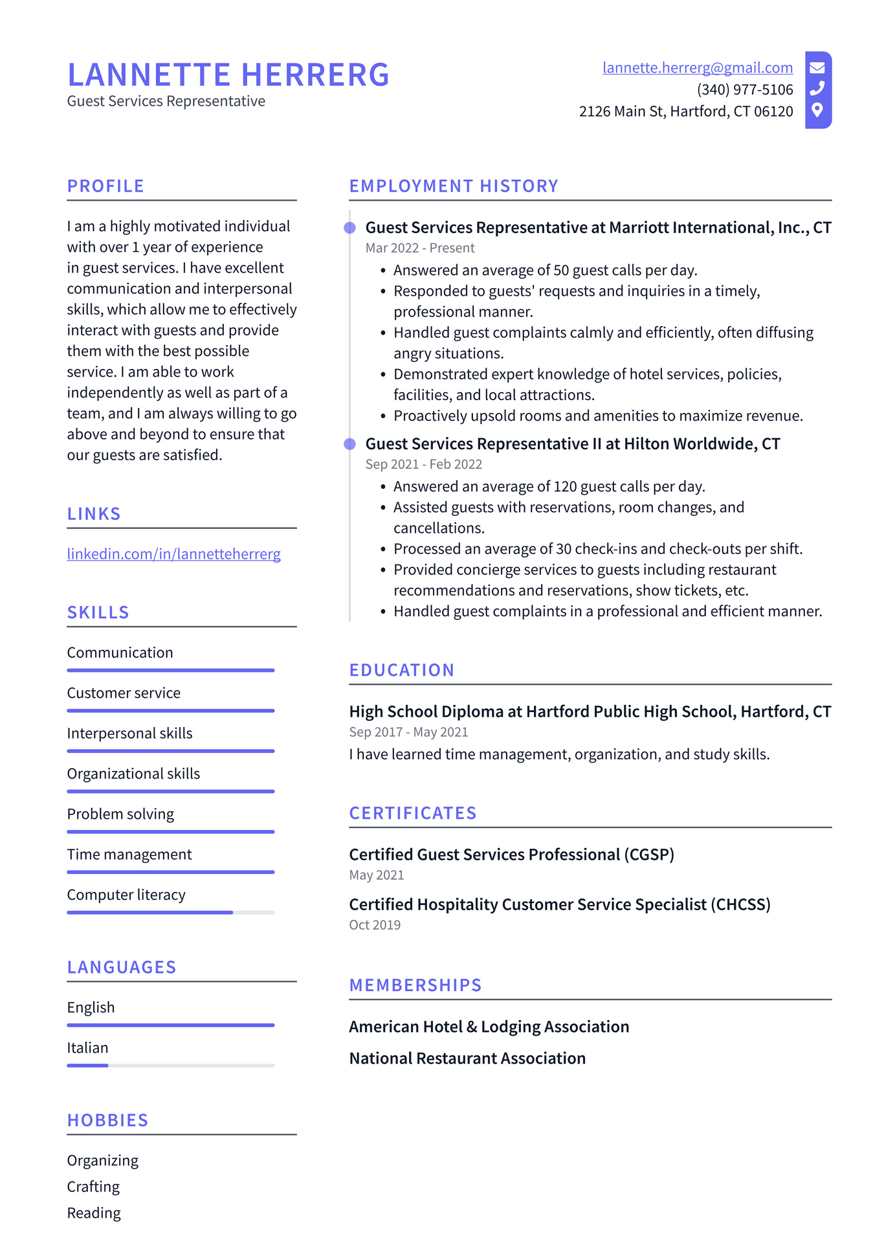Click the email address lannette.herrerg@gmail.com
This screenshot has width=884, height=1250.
[697, 68]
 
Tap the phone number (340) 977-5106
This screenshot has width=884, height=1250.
[744, 90]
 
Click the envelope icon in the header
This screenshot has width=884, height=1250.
[817, 67]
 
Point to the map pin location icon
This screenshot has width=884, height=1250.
[817, 110]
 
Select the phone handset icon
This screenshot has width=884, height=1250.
[817, 88]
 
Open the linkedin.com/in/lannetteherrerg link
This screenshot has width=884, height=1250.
[173, 554]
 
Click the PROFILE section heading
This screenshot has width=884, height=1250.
[105, 186]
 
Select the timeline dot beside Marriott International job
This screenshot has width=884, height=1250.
[349, 228]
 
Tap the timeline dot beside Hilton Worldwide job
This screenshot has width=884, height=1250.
[349, 444]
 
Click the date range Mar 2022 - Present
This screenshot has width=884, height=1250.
[419, 248]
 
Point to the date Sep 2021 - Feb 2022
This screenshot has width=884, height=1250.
[423, 464]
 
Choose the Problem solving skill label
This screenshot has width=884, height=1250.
[120, 814]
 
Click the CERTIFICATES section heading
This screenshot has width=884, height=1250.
[412, 814]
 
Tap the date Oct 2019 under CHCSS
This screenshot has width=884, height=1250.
[375, 925]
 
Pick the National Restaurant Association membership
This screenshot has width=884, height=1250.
[467, 1058]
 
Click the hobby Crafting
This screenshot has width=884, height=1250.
[93, 1187]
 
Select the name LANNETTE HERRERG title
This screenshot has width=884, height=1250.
[228, 74]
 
